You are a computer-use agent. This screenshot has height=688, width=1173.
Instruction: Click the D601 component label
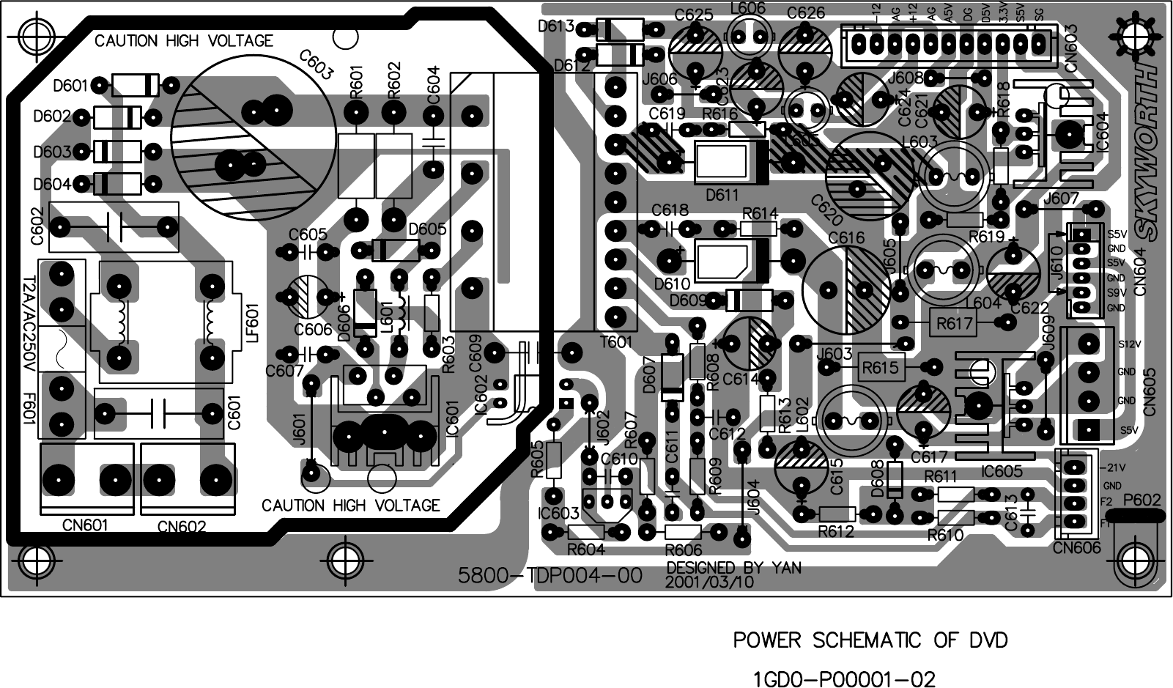pyautogui.click(x=70, y=86)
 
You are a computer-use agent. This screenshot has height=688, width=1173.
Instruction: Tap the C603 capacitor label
pyautogui.click(x=317, y=65)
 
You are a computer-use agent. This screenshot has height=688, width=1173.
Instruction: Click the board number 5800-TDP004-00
pyautogui.click(x=550, y=576)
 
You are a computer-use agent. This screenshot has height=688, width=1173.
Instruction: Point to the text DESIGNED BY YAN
pyautogui.click(x=733, y=568)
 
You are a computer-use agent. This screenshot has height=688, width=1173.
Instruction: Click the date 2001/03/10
pyautogui.click(x=709, y=582)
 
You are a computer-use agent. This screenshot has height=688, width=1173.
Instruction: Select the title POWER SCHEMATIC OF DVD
pyautogui.click(x=870, y=640)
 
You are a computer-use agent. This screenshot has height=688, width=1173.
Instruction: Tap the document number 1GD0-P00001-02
pyautogui.click(x=844, y=679)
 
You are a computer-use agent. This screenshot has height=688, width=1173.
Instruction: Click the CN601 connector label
pyautogui.click(x=85, y=525)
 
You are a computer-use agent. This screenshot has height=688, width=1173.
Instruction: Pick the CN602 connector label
pyautogui.click(x=182, y=527)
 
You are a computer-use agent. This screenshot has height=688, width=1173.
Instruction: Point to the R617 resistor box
pyautogui.click(x=955, y=322)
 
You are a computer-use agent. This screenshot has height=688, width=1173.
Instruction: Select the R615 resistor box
pyautogui.click(x=880, y=368)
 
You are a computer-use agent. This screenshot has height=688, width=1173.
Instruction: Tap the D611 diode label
pyautogui.click(x=722, y=195)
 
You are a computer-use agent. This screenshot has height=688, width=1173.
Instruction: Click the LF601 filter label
pyautogui.click(x=253, y=324)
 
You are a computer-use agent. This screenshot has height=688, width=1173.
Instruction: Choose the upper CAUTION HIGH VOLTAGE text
pyautogui.click(x=183, y=41)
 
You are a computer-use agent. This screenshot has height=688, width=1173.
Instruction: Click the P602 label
pyautogui.click(x=1141, y=500)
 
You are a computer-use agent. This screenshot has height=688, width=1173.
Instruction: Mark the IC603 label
pyautogui.click(x=558, y=513)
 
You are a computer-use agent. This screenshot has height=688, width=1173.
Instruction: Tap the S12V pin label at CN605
pyautogui.click(x=1129, y=344)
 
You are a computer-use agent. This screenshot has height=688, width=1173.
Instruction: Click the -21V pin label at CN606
pyautogui.click(x=1114, y=467)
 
